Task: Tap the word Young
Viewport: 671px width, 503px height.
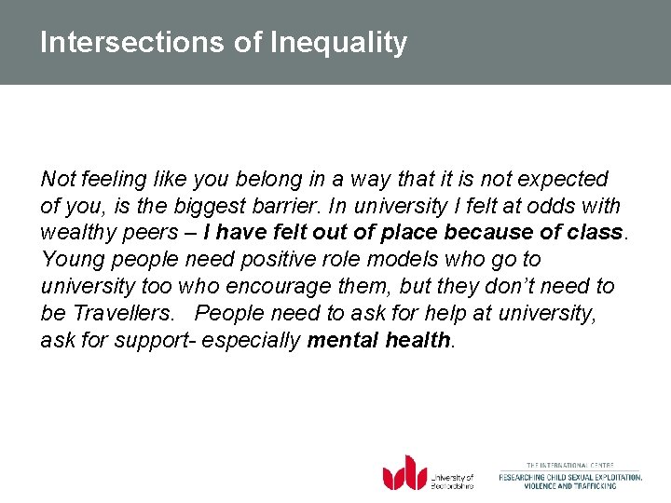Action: tap(69, 260)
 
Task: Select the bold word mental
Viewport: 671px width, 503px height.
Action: tap(343, 341)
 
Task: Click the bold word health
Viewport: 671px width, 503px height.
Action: tap(416, 341)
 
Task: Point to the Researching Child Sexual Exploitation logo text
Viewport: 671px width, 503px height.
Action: tap(569, 477)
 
